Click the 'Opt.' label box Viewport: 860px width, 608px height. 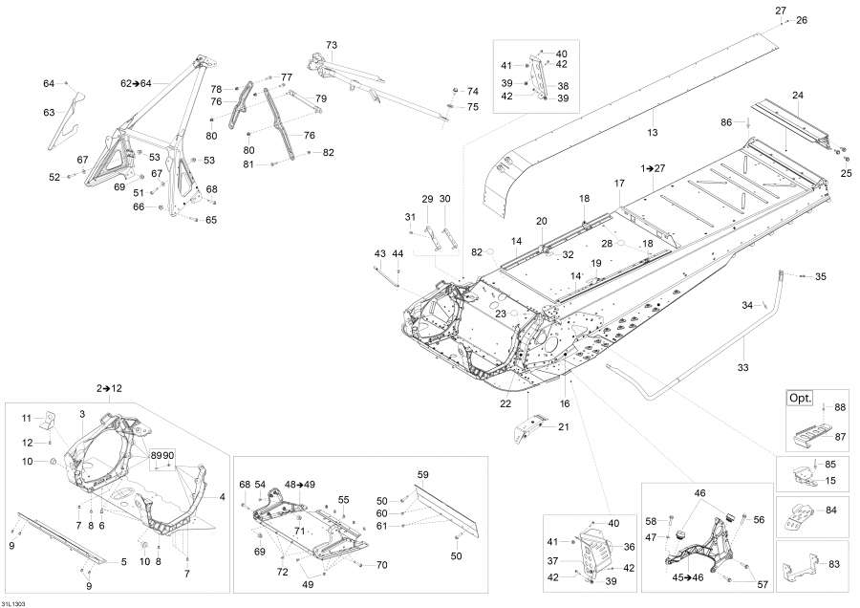(798, 398)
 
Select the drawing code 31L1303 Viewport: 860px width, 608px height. (14, 602)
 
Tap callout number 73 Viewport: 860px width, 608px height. (332, 45)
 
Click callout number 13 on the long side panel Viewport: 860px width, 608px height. (653, 132)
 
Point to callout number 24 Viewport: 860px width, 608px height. (797, 94)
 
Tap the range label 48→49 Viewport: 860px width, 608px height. (299, 485)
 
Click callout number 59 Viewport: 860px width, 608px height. (422, 473)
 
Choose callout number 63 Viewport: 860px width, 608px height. (49, 113)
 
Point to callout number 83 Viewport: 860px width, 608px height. (834, 564)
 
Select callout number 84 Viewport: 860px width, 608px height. (830, 510)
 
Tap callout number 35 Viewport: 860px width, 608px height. (820, 277)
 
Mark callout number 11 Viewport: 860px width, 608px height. (28, 418)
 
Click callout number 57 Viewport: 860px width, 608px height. (762, 583)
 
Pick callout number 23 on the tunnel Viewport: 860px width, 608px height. (501, 313)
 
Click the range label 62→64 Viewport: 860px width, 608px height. (135, 84)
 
